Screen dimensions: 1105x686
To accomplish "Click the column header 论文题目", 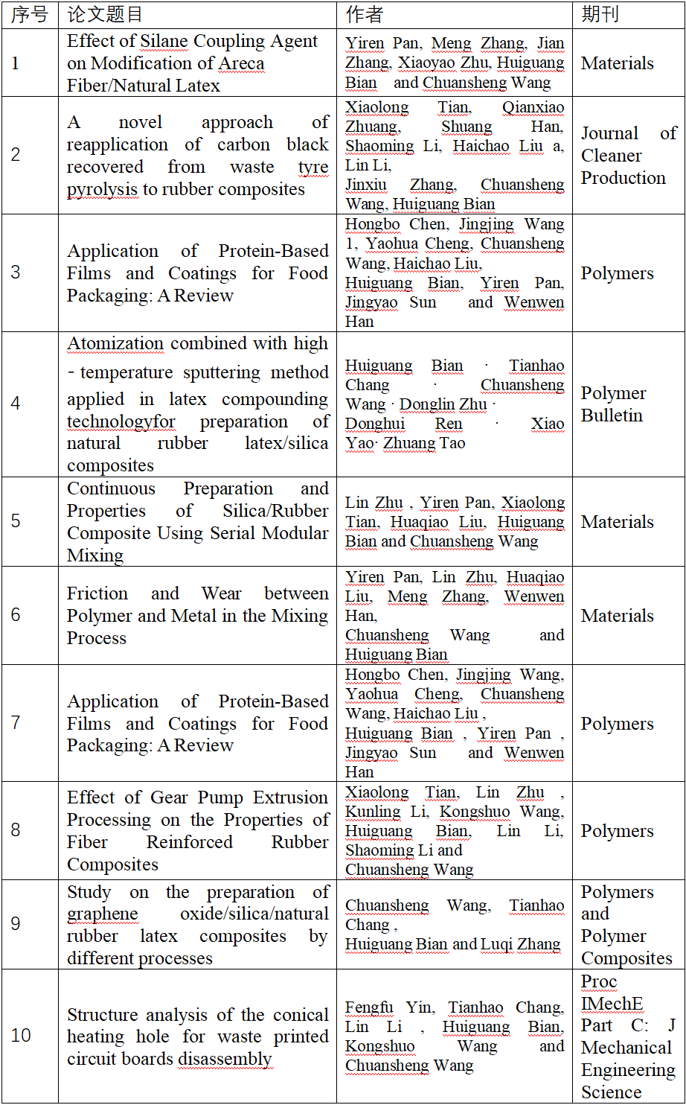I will (x=105, y=14).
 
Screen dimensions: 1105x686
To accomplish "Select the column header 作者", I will (x=364, y=14).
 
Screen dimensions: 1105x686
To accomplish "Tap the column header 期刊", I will (x=600, y=14).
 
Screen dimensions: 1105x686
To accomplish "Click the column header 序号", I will (x=30, y=14).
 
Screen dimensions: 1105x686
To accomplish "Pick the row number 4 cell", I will (x=16, y=404).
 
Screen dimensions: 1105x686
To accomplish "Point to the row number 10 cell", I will (x=21, y=1035).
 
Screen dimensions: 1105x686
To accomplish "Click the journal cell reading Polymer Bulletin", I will (x=613, y=404).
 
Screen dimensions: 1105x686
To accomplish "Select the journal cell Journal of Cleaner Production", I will (x=628, y=156).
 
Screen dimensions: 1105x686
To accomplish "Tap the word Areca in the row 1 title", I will (x=240, y=63).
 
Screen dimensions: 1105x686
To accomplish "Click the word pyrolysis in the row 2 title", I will (x=102, y=189).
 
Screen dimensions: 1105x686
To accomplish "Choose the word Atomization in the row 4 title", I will (x=115, y=343).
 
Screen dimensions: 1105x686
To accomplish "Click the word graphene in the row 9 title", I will (x=103, y=914).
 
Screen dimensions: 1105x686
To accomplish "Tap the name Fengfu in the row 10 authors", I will (x=369, y=1007).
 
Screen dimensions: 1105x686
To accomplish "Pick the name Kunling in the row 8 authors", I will (x=373, y=812).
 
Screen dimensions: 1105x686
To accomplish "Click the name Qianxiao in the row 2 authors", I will (x=533, y=107).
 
